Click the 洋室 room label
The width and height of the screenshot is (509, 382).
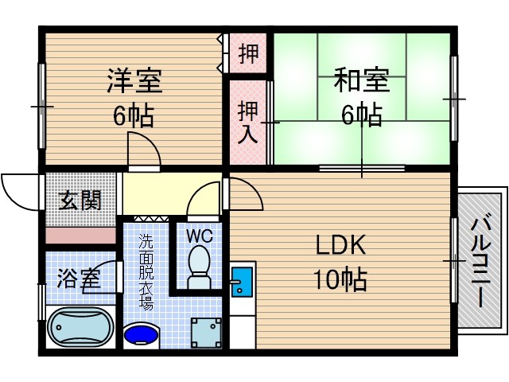point(135,82)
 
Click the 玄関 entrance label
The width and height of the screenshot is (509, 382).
point(80,200)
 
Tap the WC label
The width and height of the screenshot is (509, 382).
point(199,236)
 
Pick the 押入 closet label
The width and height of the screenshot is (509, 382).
point(247,120)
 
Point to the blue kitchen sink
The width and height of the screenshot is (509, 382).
point(239,282)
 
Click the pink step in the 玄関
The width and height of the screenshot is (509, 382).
point(80,236)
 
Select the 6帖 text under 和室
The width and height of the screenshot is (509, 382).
point(361,116)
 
